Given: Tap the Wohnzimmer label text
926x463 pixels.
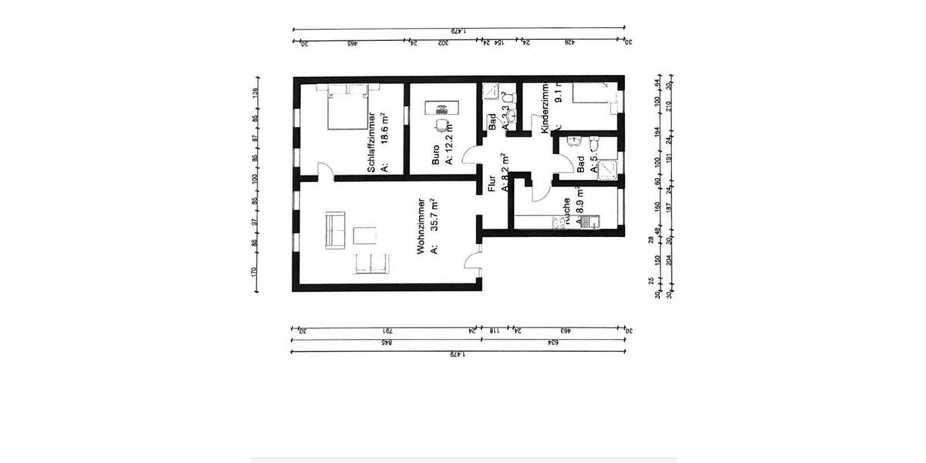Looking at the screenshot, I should click(421, 225).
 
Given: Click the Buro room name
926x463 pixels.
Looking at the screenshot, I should click(436, 154).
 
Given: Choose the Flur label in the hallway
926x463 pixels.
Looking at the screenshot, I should click(492, 184).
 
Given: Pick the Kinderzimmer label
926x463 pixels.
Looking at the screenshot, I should click(545, 109).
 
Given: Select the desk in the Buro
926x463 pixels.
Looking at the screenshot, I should click(441, 107).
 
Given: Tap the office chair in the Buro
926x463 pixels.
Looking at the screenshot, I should click(441, 125).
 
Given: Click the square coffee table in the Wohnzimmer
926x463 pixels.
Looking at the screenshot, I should click(365, 235).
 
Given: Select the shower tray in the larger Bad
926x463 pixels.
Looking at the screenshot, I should click(608, 168).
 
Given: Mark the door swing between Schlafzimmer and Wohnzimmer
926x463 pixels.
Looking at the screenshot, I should click(326, 173).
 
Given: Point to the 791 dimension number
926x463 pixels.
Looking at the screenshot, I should click(386, 330).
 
